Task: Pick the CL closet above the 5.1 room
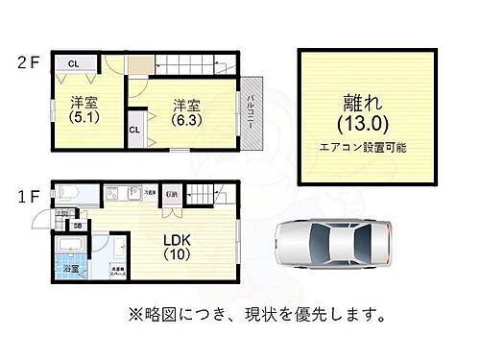[73, 63]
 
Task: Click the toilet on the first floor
[62, 192]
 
